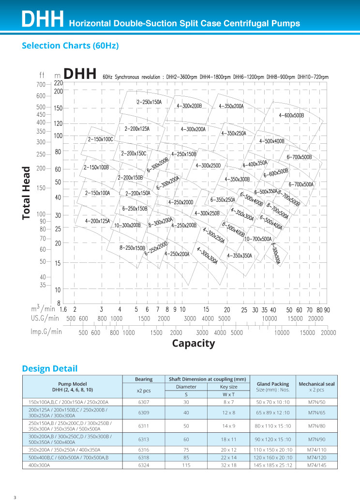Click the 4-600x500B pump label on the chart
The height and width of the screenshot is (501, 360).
pos(291,115)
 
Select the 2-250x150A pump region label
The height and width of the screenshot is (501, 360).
pos(149,102)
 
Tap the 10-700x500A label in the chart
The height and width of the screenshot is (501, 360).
pos(258,239)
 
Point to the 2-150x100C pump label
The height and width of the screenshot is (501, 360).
pos(101,139)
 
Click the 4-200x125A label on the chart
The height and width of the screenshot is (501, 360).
pos(97,221)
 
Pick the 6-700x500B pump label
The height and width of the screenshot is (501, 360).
pos(299,157)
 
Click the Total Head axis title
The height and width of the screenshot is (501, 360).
pos(26,193)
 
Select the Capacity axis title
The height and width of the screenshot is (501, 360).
pos(194,344)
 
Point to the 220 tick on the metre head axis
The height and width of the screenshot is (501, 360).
pos(59,83)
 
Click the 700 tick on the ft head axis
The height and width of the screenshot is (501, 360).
pos(41,85)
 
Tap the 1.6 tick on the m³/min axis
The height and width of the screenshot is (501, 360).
pos(63,309)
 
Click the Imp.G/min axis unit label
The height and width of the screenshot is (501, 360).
pos(46,332)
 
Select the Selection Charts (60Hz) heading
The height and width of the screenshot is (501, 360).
pos(70,46)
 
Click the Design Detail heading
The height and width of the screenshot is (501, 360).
pos(50,369)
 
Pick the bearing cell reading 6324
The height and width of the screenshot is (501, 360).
pos(144,465)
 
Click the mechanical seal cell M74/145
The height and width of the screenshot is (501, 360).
pos(317,465)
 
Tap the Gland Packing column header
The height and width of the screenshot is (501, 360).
pos(273,384)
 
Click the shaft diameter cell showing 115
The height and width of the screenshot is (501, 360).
pos(186,465)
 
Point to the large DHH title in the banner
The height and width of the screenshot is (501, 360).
pos(43,19)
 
